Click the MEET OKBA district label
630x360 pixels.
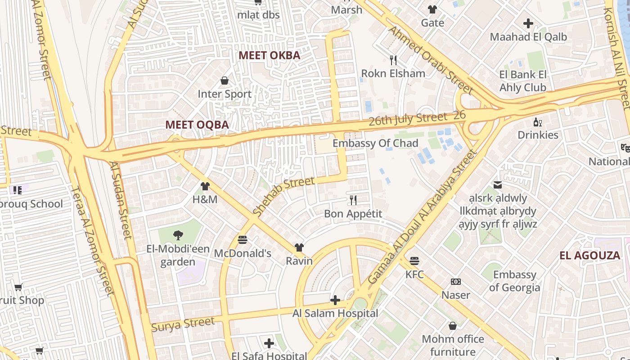(x=269, y=55)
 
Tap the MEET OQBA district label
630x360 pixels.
(x=197, y=125)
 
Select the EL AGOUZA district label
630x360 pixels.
(x=589, y=256)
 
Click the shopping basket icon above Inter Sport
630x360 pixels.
(x=225, y=81)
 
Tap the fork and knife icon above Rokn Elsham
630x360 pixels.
(x=393, y=60)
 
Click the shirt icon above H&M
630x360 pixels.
(x=205, y=186)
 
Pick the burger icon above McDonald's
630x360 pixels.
(x=243, y=240)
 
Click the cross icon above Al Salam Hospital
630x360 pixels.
(x=335, y=300)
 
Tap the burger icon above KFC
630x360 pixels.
(x=414, y=261)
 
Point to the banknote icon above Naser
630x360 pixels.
(x=456, y=282)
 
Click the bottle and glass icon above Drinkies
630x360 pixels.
(x=537, y=121)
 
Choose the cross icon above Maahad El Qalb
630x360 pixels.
(x=528, y=23)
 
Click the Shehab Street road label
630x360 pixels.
(x=283, y=196)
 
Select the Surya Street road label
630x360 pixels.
(x=183, y=324)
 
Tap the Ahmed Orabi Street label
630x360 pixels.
(x=431, y=60)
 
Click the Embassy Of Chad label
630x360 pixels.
(x=375, y=143)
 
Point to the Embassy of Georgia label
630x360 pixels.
(x=514, y=281)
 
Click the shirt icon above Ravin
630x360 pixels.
(x=299, y=247)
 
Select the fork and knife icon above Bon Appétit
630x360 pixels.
(x=353, y=200)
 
